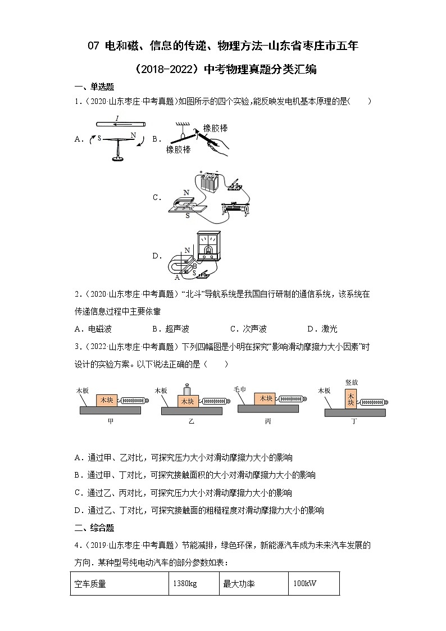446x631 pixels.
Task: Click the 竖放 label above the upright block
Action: point(352,382)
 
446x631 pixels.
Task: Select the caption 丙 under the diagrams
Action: point(268,421)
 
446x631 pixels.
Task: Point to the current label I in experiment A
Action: point(117,118)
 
